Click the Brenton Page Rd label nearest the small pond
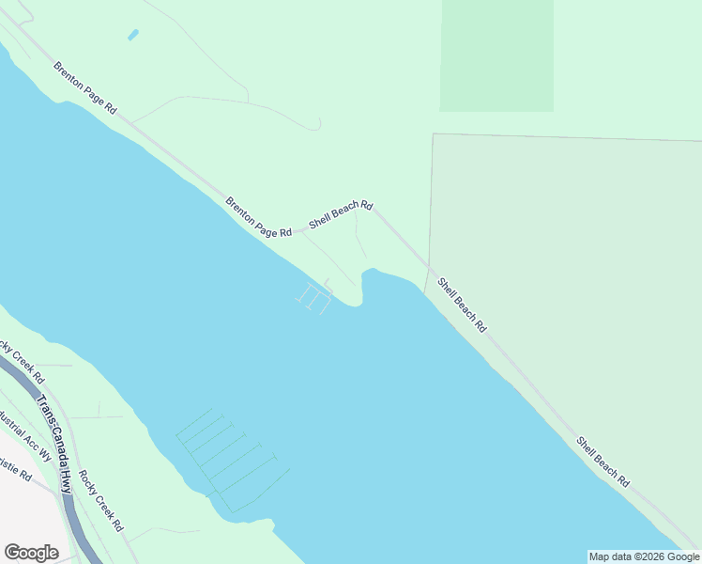point(84,88)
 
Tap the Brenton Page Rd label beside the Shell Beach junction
point(258,216)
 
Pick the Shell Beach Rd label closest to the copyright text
point(603,462)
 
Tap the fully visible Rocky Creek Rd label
point(100,501)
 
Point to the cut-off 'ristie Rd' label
point(16,470)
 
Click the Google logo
point(31,553)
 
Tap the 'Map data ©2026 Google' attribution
point(644,556)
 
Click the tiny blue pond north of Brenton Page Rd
point(132,36)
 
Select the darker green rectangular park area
point(496,55)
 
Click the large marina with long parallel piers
point(230,456)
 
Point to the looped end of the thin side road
point(317,124)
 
